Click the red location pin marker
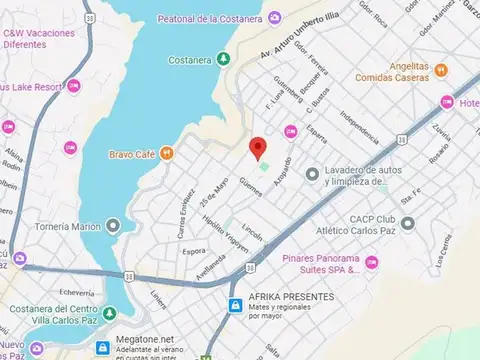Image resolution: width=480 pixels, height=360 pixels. click(x=258, y=148)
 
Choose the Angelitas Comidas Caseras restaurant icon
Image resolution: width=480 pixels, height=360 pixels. click(x=441, y=70)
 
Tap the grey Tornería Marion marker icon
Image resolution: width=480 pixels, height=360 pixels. click(x=113, y=226)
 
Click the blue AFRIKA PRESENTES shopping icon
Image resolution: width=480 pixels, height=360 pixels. click(x=234, y=303)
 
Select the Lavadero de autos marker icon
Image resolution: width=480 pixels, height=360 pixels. click(x=312, y=175)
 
